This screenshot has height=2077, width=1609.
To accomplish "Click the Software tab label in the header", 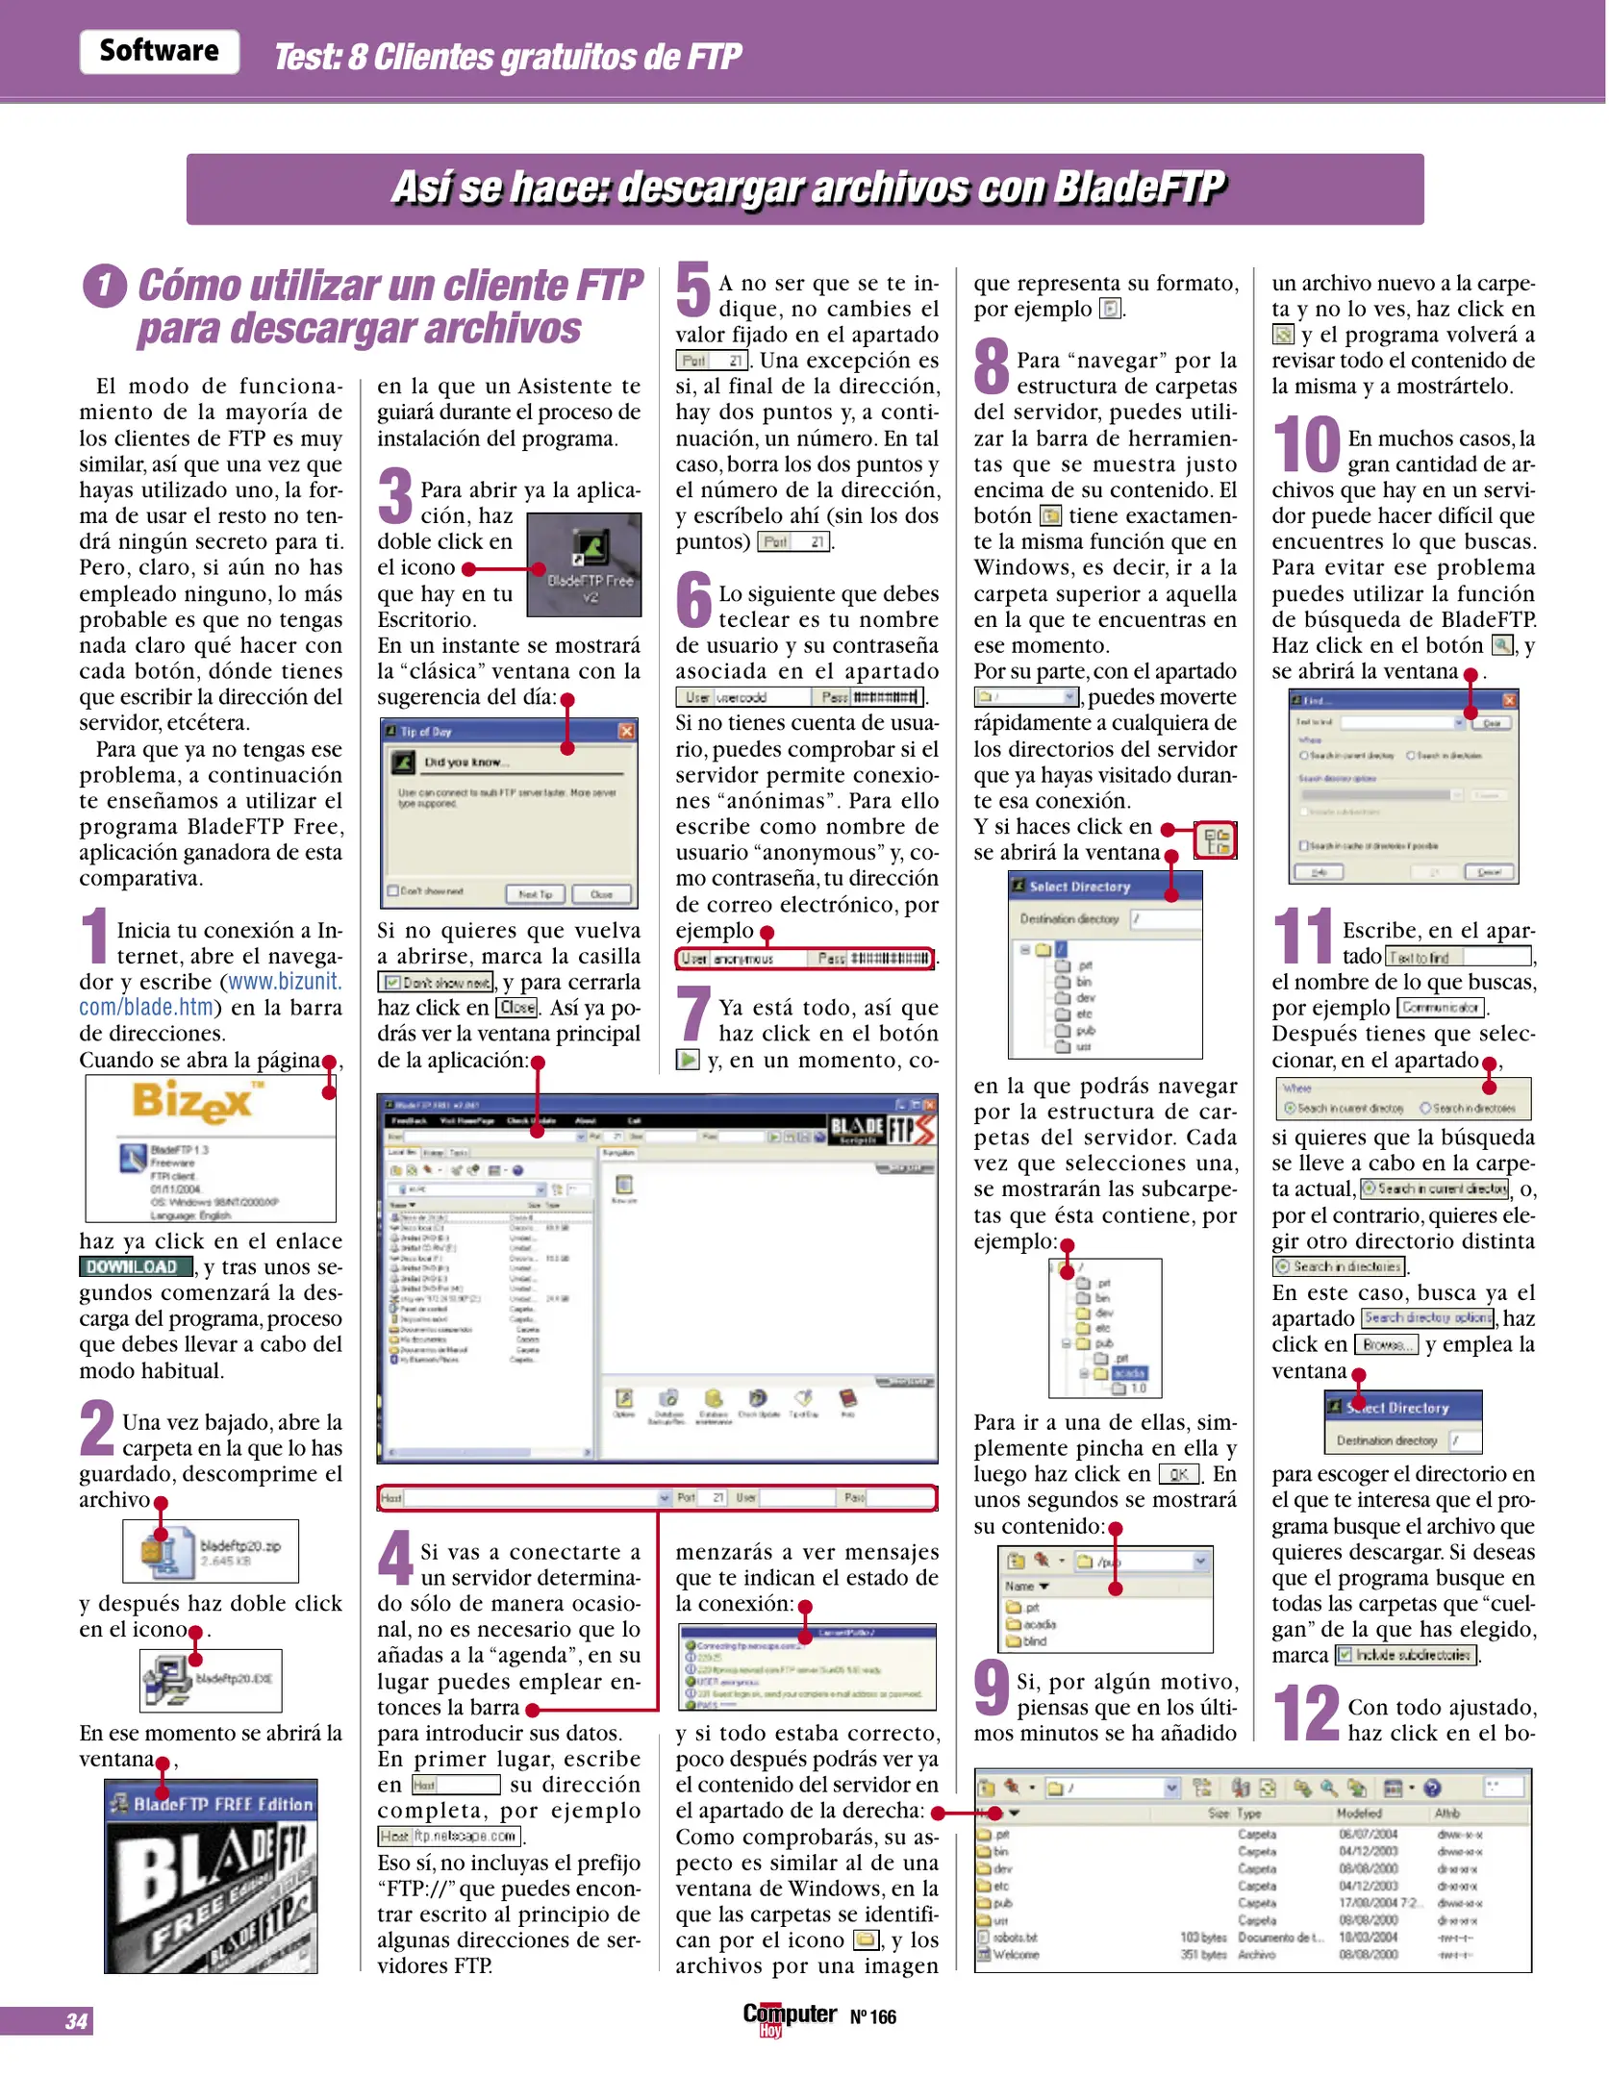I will click(x=159, y=51).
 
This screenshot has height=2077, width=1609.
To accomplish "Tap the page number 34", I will click(x=76, y=2021).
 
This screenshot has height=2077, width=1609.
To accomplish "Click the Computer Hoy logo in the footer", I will click(x=789, y=2016).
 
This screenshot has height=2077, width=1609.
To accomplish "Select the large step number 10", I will click(x=1306, y=445).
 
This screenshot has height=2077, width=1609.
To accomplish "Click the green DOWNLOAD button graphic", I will click(x=136, y=1267).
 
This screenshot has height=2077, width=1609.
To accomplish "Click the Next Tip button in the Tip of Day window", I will click(x=535, y=893).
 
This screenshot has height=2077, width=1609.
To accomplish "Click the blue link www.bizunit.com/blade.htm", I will click(x=210, y=994).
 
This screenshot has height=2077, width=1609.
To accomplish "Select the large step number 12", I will click(x=1306, y=1714).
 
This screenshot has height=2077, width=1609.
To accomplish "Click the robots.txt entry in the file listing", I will click(x=1014, y=1937).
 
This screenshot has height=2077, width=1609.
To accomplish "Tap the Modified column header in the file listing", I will click(x=1358, y=1813).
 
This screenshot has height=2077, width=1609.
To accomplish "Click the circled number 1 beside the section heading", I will click(x=105, y=286).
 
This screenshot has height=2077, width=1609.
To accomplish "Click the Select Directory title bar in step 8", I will click(x=1104, y=886).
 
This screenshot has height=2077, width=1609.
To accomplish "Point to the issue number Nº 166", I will click(x=872, y=2017).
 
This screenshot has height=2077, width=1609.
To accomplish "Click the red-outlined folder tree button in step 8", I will click(x=1215, y=840).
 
